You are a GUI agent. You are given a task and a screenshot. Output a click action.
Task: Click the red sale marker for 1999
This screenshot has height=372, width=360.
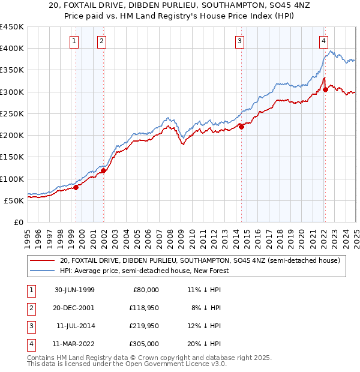(76, 187)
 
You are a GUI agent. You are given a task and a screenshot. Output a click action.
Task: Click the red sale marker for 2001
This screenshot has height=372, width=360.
(103, 170)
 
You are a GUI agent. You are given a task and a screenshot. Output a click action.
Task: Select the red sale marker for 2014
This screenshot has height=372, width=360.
(241, 127)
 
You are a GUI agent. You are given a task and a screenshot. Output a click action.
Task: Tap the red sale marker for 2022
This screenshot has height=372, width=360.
(325, 89)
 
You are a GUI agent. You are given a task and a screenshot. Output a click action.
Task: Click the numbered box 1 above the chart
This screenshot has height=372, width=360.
(73, 41)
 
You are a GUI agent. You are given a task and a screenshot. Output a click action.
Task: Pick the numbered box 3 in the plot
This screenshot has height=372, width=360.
(239, 41)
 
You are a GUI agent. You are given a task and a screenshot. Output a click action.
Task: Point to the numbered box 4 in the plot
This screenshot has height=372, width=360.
(323, 41)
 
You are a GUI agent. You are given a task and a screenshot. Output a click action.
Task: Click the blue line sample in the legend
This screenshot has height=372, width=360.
(43, 271)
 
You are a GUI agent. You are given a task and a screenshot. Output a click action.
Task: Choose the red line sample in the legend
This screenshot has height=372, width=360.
(43, 260)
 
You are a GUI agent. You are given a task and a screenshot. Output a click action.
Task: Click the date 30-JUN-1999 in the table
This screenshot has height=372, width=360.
(74, 289)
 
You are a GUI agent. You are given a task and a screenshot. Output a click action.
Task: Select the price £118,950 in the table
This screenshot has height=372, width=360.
(143, 308)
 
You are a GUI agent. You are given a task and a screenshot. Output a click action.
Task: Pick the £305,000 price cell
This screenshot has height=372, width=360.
(143, 344)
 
